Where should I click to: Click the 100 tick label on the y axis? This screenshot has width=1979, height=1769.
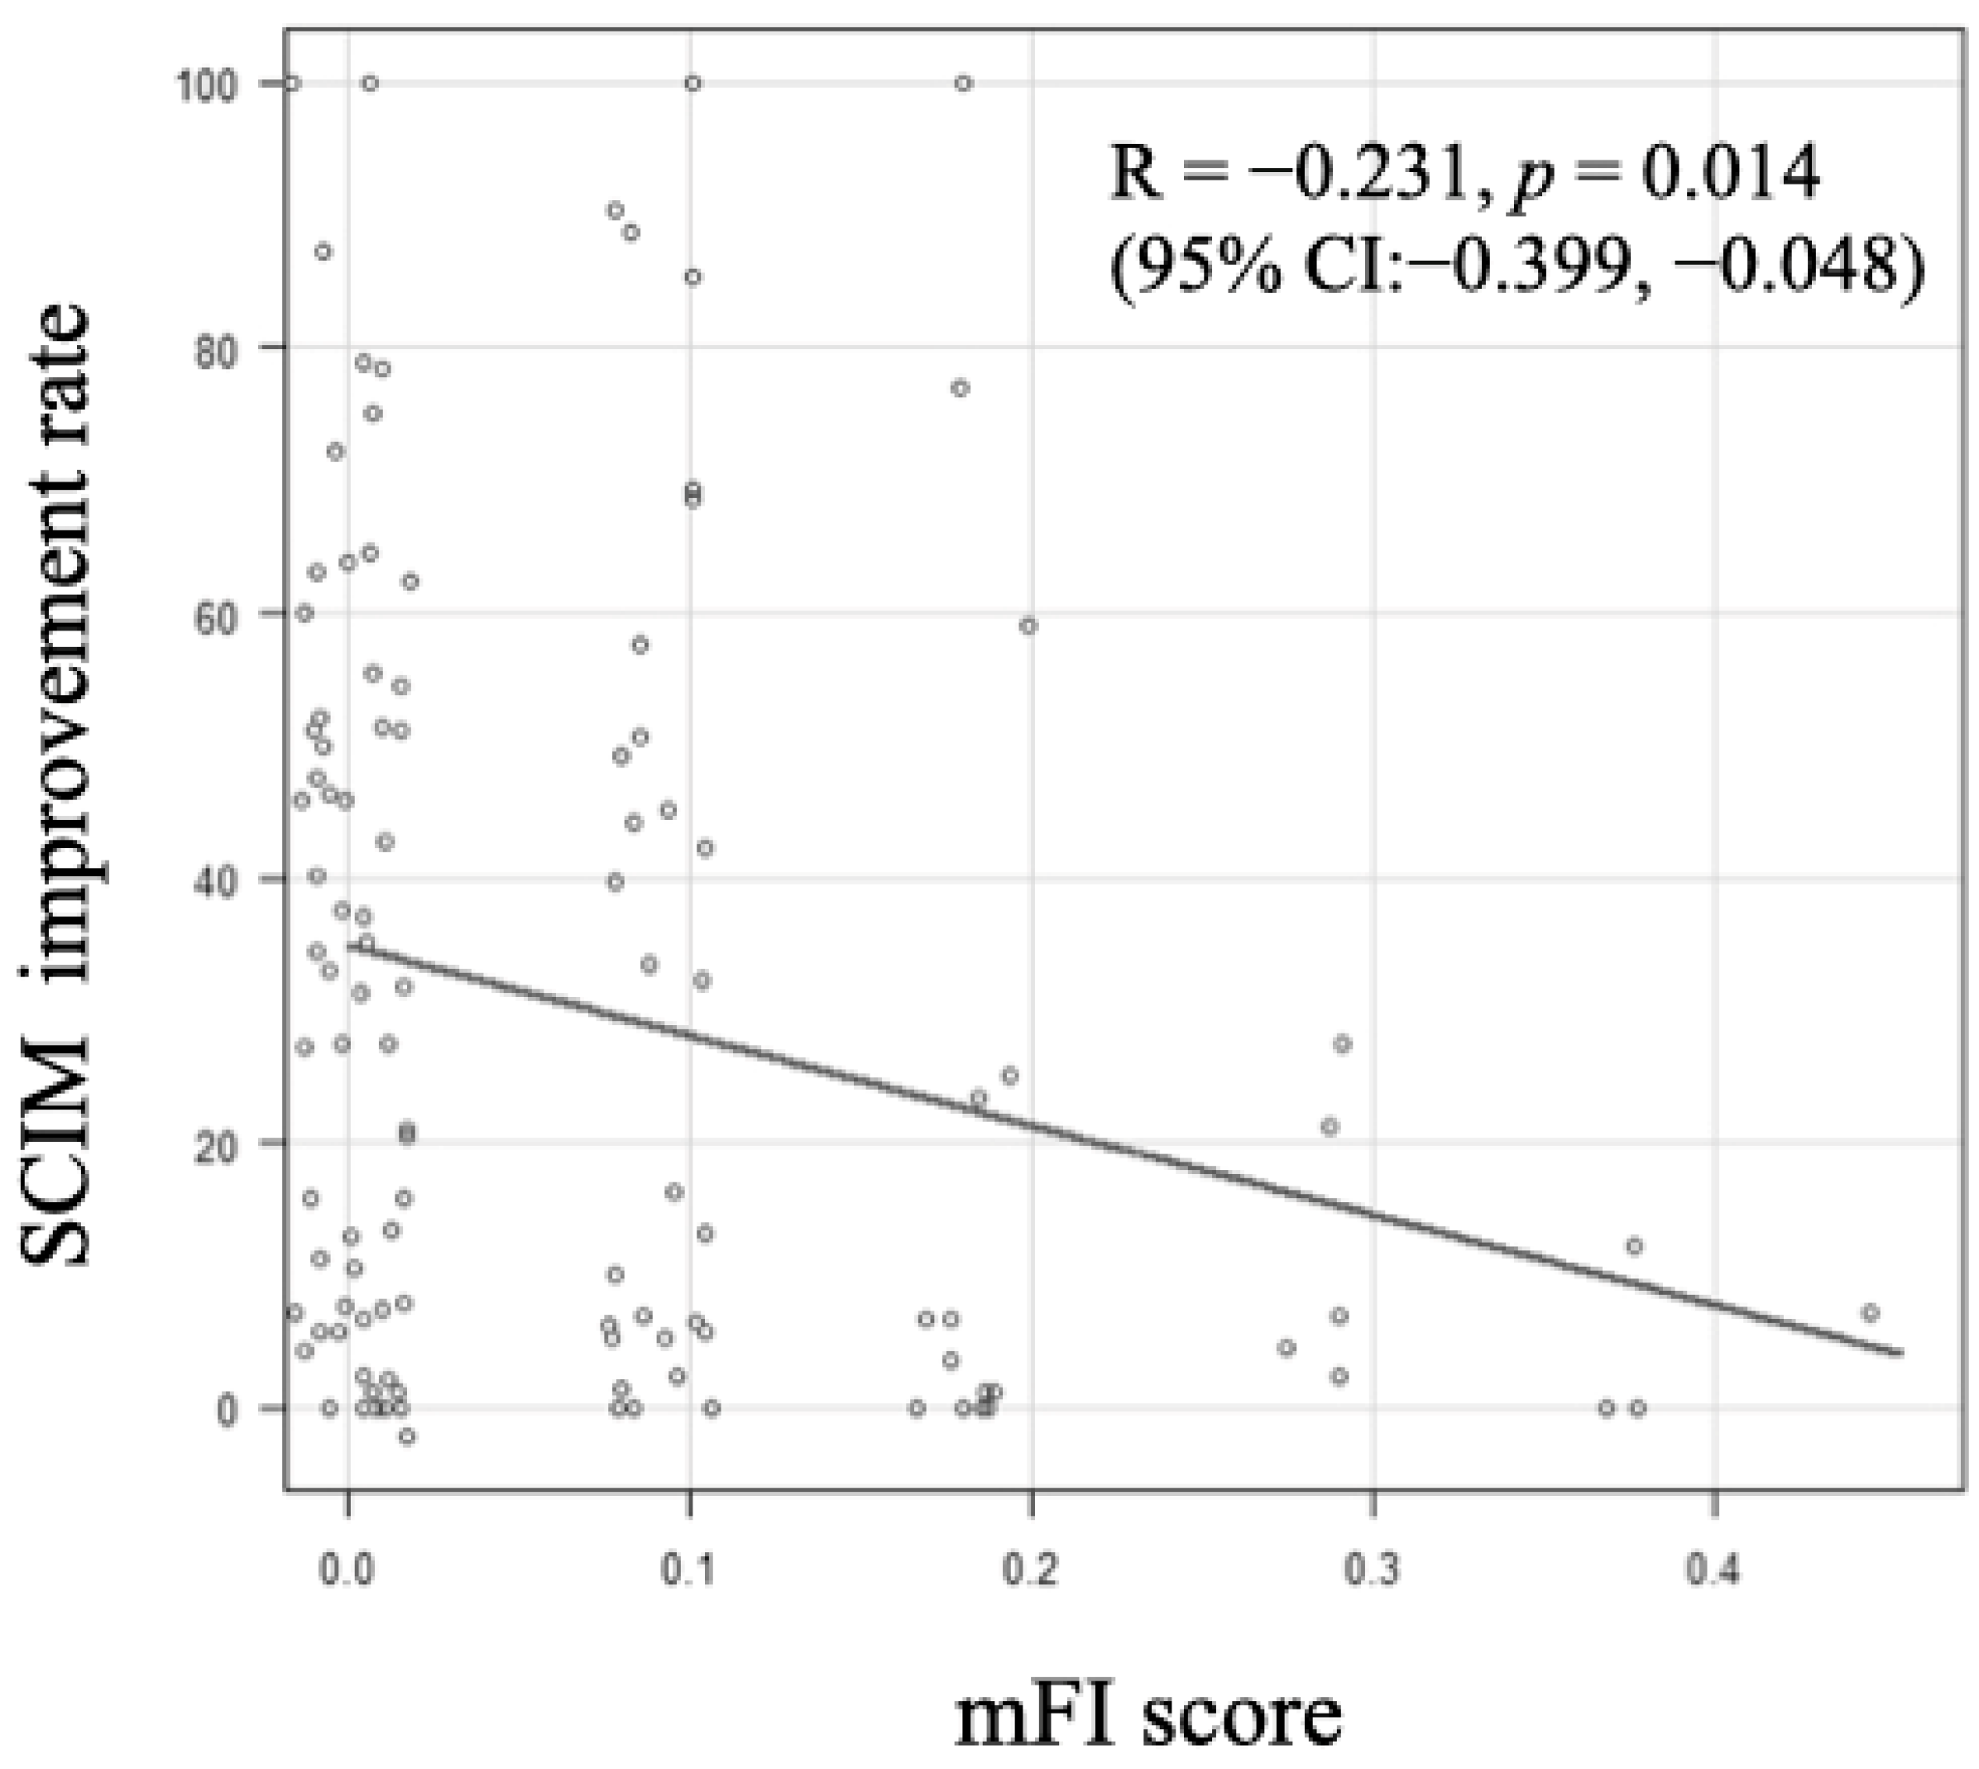pyautogui.click(x=206, y=84)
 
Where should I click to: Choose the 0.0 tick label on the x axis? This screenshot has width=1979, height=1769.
pyautogui.click(x=347, y=1573)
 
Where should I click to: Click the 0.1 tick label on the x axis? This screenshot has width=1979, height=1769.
pyautogui.click(x=689, y=1573)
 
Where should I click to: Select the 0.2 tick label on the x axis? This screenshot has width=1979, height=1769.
pyautogui.click(x=1030, y=1573)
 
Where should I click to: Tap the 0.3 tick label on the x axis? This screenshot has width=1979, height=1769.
pyautogui.click(x=1373, y=1573)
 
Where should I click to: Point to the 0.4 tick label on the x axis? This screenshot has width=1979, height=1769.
pyautogui.click(x=1713, y=1573)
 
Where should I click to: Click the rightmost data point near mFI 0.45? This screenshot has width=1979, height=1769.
pyautogui.click(x=1870, y=1313)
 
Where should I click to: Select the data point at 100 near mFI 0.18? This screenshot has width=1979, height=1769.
pyautogui.click(x=963, y=84)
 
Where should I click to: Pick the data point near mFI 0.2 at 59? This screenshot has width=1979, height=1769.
pyautogui.click(x=1028, y=626)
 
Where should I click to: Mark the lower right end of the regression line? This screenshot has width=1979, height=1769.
pyautogui.click(x=1901, y=1353)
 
